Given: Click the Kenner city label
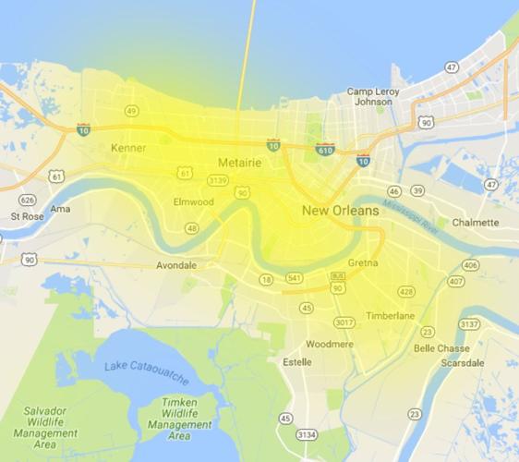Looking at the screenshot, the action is pyautogui.click(x=128, y=148).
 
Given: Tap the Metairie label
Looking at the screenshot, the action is pyautogui.click(x=239, y=164).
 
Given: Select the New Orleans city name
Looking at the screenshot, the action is pyautogui.click(x=340, y=212).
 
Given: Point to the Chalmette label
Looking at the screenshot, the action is pyautogui.click(x=475, y=223).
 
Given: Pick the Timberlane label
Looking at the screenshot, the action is pyautogui.click(x=389, y=315).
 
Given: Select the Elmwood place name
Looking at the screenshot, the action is pyautogui.click(x=194, y=201).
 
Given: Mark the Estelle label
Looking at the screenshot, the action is pyautogui.click(x=296, y=361).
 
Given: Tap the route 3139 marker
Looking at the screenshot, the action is pyautogui.click(x=218, y=179).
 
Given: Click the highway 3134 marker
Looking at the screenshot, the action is pyautogui.click(x=308, y=433).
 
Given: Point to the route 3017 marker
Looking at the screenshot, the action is pyautogui.click(x=344, y=322).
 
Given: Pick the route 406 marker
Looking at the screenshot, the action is pyautogui.click(x=470, y=266).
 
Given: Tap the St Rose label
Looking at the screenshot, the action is pyautogui.click(x=27, y=216).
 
